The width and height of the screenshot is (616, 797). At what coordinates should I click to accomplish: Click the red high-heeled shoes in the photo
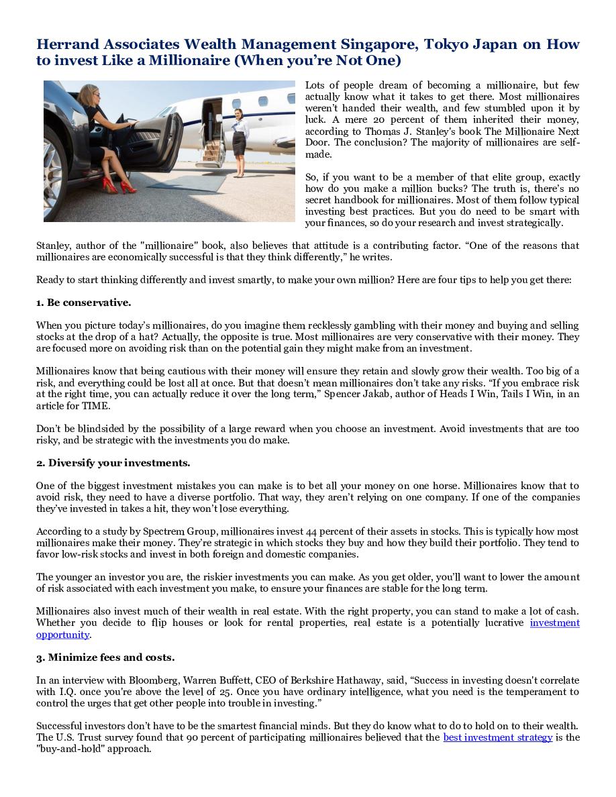pos(118,184)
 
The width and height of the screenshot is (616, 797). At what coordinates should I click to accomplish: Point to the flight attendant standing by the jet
pos(239,142)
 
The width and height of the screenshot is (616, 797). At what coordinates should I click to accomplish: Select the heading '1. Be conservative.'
pos(83,303)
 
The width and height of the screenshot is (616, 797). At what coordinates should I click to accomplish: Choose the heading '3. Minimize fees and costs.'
pos(105,657)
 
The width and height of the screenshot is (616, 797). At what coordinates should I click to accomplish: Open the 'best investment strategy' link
pos(498,737)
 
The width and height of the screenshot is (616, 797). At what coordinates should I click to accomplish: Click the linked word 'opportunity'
pos(62,635)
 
